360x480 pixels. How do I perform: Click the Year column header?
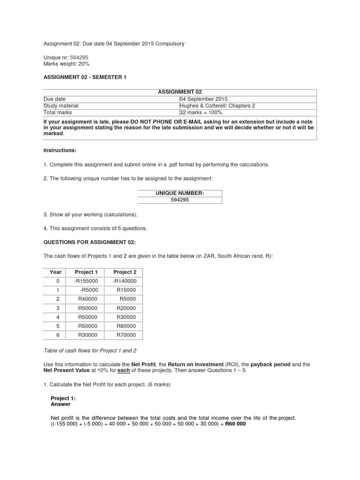[56, 272]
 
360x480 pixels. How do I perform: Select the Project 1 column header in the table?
[86, 272]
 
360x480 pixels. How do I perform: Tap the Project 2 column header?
[125, 272]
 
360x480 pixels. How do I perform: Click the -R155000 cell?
[86, 281]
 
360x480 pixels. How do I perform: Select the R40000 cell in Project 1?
[88, 299]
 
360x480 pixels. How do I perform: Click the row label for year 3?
[58, 308]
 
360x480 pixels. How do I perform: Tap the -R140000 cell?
[125, 281]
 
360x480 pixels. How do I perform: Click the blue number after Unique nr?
[79, 57]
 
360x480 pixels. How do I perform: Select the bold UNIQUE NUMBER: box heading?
[180, 193]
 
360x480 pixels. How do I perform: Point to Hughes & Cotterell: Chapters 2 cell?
[217, 105]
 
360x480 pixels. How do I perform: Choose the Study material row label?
[61, 105]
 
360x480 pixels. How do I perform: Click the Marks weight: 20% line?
[66, 64]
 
